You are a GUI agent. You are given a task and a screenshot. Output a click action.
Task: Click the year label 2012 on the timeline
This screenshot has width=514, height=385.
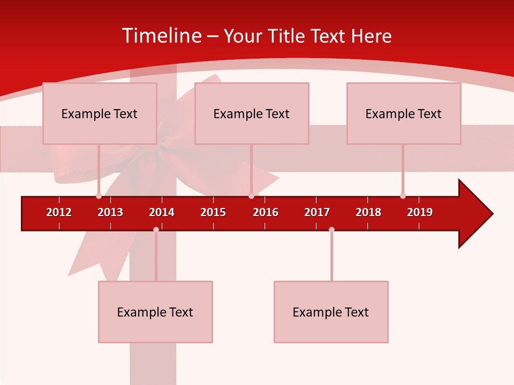click(x=59, y=212)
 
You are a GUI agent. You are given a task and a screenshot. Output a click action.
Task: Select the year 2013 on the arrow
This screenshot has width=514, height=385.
click(x=110, y=212)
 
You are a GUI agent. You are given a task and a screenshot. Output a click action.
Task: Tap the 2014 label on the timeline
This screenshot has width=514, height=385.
click(x=162, y=212)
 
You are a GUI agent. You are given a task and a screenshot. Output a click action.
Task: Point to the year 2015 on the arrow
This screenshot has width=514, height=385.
click(x=213, y=212)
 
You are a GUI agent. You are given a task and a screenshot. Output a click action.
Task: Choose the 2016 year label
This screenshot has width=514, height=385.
click(x=266, y=212)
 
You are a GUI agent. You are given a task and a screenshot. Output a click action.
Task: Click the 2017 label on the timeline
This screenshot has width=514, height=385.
click(x=317, y=212)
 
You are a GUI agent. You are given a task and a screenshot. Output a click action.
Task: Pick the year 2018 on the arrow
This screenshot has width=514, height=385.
click(x=368, y=212)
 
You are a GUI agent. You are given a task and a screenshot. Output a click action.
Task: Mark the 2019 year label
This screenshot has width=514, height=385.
click(x=420, y=212)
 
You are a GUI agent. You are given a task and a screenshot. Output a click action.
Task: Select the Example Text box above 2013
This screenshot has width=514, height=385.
click(x=100, y=113)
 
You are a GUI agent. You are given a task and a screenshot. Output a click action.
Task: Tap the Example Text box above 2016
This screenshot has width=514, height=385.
click(x=252, y=113)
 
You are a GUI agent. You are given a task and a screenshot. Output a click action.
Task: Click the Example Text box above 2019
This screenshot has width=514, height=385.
click(x=404, y=113)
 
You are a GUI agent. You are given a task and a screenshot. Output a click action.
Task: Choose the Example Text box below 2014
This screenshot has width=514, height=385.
click(x=155, y=312)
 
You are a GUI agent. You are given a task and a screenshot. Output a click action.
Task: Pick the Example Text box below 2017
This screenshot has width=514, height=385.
click(x=331, y=312)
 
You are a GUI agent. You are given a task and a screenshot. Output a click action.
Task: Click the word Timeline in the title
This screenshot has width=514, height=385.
click(x=161, y=36)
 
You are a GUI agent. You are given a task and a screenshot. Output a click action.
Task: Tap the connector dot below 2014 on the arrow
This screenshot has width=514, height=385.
click(x=156, y=229)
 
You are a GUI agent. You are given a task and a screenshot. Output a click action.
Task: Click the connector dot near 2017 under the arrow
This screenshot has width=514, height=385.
click(x=331, y=229)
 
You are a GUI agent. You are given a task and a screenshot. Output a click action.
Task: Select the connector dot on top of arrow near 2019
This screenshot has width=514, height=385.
click(x=403, y=196)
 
